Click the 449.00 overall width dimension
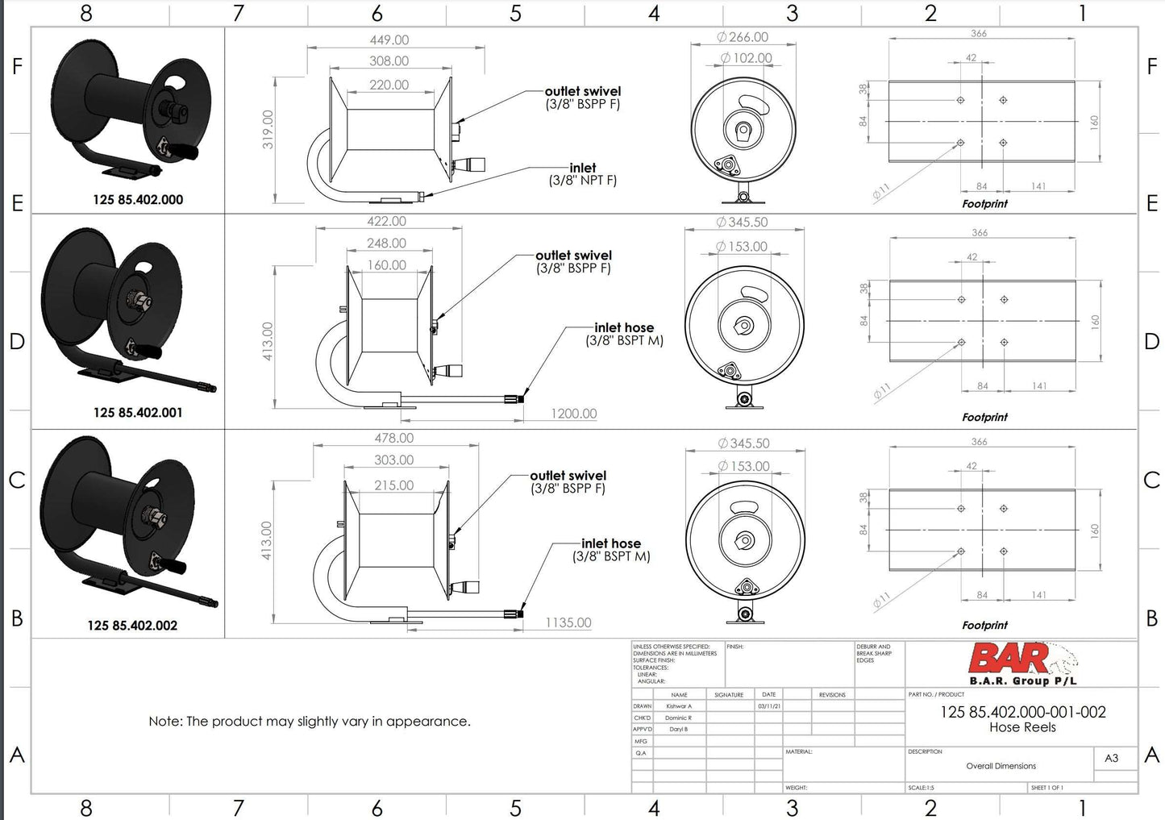coord(389,40)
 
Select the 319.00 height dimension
coord(268,129)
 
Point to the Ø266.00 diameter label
coord(743,37)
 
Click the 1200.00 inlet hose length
coord(573,414)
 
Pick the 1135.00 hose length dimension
coord(568,622)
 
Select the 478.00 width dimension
coord(393,438)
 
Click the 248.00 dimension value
coord(386,243)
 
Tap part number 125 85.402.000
coord(138,199)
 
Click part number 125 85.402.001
coord(138,412)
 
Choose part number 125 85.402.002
coord(132,625)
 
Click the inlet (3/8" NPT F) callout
coord(582,174)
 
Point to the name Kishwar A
coord(679,706)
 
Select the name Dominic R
coord(678,718)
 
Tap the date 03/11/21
coord(769,706)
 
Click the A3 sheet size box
coord(1111,758)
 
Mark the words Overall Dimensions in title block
coord(1001,766)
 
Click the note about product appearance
coord(310,721)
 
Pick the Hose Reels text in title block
coord(1022,727)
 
